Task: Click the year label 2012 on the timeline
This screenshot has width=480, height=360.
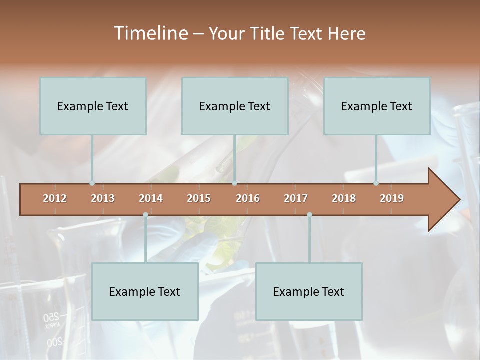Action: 55,198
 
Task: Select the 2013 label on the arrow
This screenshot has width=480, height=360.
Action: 103,198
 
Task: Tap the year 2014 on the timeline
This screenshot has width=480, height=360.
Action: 151,198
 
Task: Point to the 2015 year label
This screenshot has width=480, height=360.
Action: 199,198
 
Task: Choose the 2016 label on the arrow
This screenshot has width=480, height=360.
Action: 248,198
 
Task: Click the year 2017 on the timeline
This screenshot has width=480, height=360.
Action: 296,198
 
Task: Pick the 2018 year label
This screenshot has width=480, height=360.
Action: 344,198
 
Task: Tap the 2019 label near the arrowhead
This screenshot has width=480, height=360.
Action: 392,198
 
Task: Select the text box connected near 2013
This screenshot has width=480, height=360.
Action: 93,106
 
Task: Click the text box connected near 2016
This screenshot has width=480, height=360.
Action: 235,106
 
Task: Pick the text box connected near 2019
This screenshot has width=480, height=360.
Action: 377,106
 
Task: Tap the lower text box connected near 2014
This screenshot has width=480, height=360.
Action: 145,291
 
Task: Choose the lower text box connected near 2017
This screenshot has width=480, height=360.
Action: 309,291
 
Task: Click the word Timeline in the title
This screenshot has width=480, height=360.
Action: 150,33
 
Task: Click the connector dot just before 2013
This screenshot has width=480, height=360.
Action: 92,183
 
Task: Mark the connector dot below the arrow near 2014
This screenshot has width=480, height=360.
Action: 145,214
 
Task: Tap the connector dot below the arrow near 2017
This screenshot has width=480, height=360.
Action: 309,214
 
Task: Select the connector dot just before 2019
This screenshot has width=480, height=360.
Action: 376,183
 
